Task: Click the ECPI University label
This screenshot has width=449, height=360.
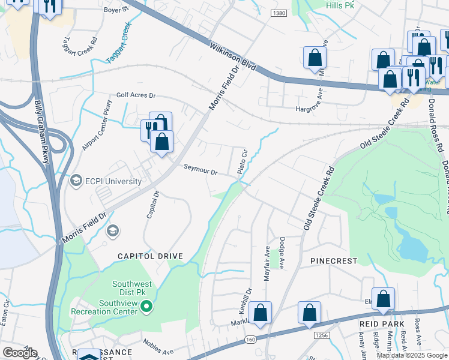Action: (x=113, y=181)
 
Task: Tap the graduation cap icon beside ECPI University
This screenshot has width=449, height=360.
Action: (x=76, y=181)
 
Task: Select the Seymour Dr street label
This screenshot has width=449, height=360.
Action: (x=200, y=170)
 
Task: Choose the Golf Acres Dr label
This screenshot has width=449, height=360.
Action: (x=136, y=95)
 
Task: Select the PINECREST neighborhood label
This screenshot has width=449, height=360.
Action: (x=334, y=261)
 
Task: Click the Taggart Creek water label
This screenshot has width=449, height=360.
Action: (x=118, y=43)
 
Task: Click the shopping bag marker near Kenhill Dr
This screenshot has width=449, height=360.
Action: (x=261, y=313)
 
